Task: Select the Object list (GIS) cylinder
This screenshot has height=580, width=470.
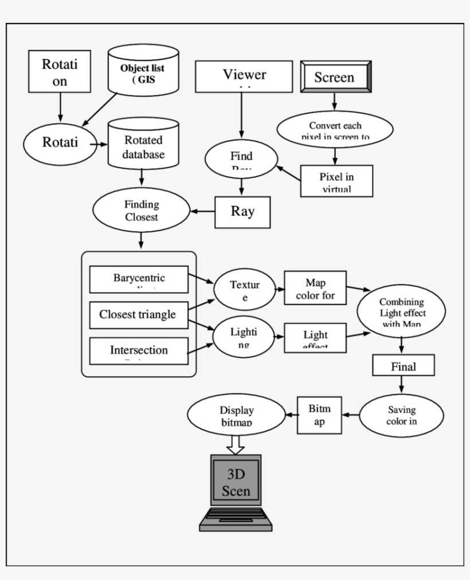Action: [x=143, y=72]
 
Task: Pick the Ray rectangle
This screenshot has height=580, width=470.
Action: [x=242, y=212]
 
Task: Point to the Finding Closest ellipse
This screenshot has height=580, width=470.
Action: [x=142, y=211]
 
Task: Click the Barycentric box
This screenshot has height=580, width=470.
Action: [x=139, y=279]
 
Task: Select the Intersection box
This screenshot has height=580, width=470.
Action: [x=139, y=350]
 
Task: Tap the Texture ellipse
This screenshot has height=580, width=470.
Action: [x=245, y=290]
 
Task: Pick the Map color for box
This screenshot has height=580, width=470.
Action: [x=315, y=289]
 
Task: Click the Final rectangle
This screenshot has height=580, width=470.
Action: [x=403, y=366]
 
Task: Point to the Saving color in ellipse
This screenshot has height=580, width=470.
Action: [x=401, y=415]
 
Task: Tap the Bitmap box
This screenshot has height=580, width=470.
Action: [x=319, y=415]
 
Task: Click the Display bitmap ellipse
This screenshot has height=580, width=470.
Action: [x=237, y=416]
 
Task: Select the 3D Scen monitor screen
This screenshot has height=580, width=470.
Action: [x=236, y=483]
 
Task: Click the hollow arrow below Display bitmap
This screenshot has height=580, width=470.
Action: [x=236, y=443]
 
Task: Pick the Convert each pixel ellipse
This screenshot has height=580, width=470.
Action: [x=335, y=130]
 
